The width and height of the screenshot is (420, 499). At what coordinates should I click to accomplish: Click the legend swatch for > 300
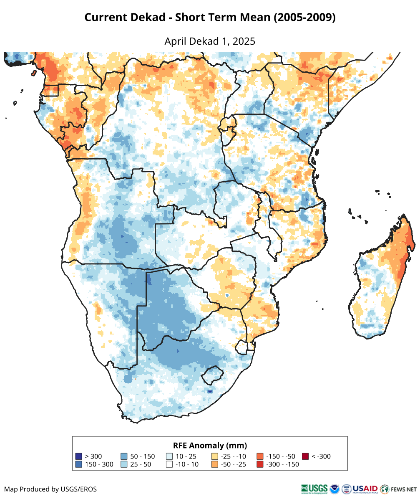point(78,456)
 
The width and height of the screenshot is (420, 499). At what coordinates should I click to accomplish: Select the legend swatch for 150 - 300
point(78,464)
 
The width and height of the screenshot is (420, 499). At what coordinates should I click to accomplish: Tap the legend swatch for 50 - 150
point(124,456)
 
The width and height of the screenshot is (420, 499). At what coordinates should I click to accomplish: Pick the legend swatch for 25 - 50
point(124,464)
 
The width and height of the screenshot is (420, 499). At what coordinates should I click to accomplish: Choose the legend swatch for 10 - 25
point(169,456)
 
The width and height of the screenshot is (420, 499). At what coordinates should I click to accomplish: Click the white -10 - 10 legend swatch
point(169,464)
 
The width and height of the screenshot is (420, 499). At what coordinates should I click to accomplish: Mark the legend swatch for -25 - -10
point(215,456)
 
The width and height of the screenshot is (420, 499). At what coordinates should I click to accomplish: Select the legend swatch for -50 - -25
point(215,464)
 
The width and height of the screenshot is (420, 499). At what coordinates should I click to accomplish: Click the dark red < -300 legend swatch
point(305,456)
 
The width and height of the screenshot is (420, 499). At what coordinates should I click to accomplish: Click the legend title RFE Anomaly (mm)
point(210,445)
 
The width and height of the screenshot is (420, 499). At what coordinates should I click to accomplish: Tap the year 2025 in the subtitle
point(244,41)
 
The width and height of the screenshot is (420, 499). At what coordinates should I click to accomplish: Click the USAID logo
point(365,489)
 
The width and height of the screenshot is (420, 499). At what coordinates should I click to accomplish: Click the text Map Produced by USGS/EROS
point(50,489)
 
